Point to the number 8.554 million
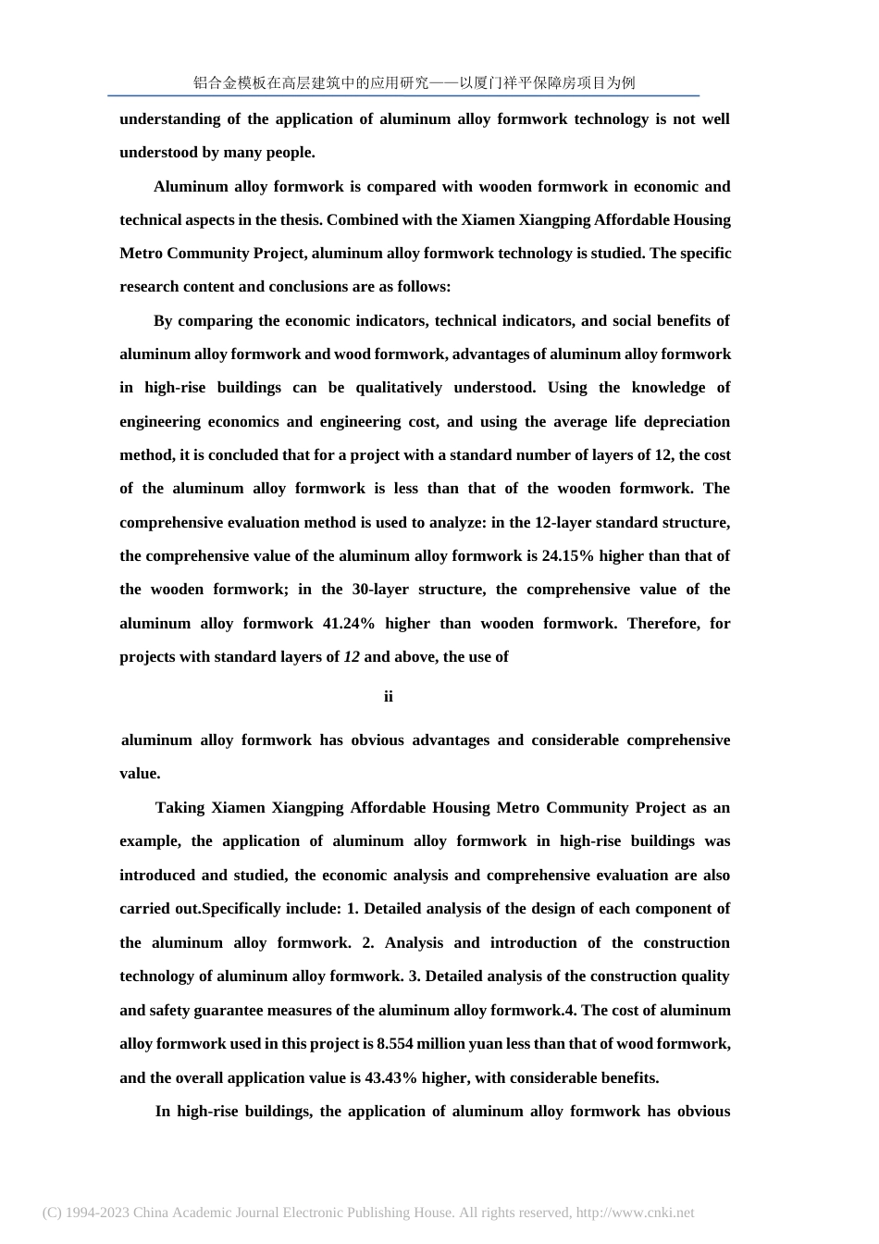[x=416, y=1043]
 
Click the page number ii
[x=389, y=696]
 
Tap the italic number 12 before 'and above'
[x=352, y=657]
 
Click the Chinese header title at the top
[x=414, y=82]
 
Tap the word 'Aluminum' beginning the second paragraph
[x=189, y=186]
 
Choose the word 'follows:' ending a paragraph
[x=424, y=287]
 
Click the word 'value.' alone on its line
[x=140, y=774]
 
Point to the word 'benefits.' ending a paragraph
[x=628, y=1077]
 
